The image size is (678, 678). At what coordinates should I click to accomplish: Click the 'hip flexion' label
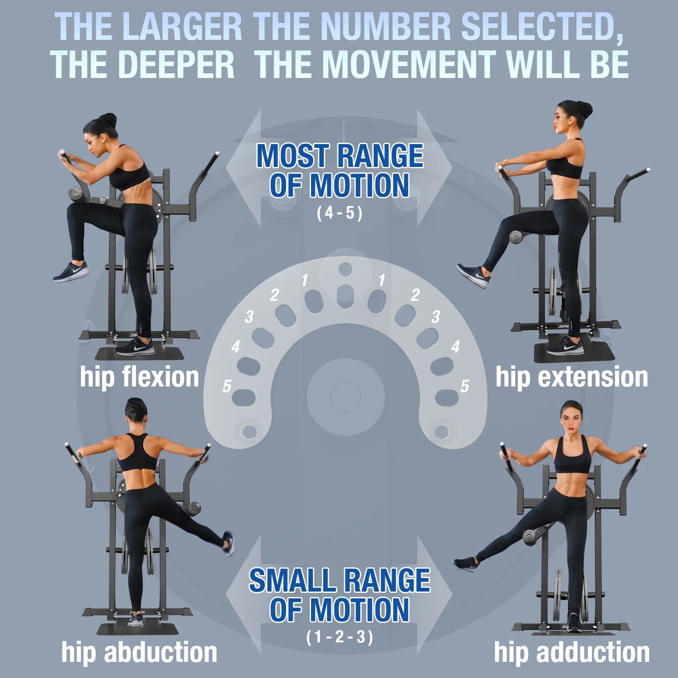pos(139,377)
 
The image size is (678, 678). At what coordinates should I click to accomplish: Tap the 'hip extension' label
pos(572,377)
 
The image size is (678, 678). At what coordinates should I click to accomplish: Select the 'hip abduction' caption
pos(139,653)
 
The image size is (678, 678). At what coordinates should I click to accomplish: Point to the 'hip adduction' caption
pos(572,653)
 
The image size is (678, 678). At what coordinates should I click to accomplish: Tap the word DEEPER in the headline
pos(180,64)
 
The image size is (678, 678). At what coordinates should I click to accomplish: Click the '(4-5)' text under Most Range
pos(339,213)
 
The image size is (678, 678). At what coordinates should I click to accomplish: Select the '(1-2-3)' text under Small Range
pos(339,637)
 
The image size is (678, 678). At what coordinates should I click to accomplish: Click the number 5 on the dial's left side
pos(227,386)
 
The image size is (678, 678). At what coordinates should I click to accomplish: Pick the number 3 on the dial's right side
pos(436,317)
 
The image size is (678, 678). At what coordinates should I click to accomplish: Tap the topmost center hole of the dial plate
pos(346,269)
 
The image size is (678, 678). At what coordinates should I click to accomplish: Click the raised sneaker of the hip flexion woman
pos(71,271)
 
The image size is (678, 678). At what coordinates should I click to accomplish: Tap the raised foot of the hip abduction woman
pos(229,543)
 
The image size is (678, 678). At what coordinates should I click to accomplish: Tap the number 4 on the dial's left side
pos(236,347)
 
